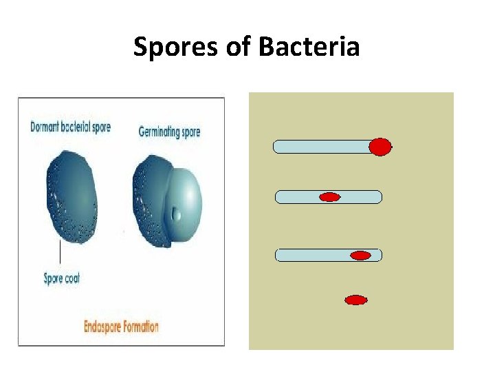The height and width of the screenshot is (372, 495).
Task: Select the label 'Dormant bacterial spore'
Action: coord(70,127)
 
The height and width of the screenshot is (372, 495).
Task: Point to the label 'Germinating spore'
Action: coord(169,131)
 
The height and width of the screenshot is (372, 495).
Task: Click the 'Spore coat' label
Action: coord(61,278)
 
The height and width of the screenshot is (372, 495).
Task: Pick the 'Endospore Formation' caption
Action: coord(121,326)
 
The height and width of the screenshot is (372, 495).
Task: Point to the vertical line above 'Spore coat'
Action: coord(60,252)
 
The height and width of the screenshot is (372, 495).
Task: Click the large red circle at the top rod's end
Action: coord(380,147)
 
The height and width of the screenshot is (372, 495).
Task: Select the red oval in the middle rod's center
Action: coord(330,198)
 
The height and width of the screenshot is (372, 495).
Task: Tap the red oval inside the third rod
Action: coord(361,256)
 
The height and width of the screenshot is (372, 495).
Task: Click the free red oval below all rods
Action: coord(355,300)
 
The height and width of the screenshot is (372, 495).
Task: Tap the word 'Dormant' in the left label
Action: coord(45,127)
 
